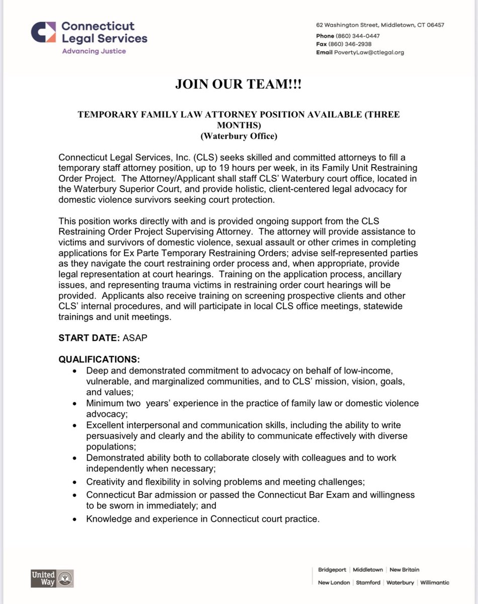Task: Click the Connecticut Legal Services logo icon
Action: [43, 32]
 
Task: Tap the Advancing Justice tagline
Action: [94, 51]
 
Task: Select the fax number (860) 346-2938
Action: [353, 44]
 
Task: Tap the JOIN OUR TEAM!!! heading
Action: [238, 85]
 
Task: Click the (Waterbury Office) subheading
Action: [238, 136]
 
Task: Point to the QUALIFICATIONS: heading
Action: [99, 360]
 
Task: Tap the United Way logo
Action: [52, 578]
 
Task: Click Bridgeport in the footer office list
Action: [333, 570]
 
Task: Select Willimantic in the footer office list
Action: [434, 582]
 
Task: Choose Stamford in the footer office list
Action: [368, 582]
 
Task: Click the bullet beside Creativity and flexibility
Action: [75, 482]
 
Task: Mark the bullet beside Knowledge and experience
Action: [75, 520]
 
